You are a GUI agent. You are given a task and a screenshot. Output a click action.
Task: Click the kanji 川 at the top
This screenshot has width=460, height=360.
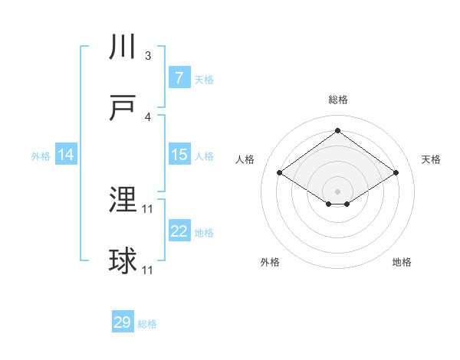coord(123,47)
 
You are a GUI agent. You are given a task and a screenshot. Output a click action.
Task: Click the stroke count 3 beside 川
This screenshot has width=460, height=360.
coord(148,56)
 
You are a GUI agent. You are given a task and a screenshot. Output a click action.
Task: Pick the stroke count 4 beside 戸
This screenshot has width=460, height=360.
coord(148,117)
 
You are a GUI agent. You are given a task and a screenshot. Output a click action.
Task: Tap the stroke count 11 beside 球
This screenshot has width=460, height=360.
coord(148,270)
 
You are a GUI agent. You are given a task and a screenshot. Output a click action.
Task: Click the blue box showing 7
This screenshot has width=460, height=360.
coord(179,78)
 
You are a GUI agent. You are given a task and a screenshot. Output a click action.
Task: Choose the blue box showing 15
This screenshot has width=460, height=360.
coord(179,155)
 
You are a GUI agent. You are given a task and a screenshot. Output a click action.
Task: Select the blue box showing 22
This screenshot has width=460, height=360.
coord(179,231)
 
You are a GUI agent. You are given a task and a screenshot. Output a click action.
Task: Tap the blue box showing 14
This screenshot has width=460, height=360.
coord(66,155)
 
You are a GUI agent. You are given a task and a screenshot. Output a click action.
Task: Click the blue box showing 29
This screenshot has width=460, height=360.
coord(123,322)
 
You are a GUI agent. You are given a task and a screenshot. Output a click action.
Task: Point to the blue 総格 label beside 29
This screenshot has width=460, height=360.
coord(147,324)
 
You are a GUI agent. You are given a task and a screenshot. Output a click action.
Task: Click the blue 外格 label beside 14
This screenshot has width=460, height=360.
coord(41,156)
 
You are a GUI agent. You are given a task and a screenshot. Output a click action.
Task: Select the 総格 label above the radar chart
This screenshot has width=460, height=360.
coord(337,100)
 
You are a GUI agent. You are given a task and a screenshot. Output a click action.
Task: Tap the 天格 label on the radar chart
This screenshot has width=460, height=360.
coord(432,159)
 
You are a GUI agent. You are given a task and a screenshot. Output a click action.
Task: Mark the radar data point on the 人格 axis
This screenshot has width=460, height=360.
coord(280,173)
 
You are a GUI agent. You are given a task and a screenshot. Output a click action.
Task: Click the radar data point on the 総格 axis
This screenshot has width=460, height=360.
coord(337,130)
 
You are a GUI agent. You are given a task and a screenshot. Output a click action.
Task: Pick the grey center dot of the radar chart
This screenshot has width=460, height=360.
coord(337,190)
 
